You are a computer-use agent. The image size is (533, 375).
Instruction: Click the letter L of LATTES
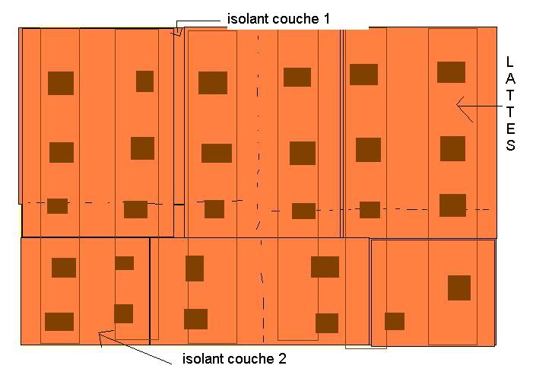[510, 61]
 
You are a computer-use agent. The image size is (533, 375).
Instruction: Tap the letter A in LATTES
[510, 78]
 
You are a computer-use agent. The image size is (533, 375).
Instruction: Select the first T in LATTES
[510, 94]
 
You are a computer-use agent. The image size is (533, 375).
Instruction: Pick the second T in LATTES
[510, 111]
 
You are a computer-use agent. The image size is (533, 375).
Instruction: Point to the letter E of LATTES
[510, 128]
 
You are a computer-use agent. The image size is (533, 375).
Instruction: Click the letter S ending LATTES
[510, 145]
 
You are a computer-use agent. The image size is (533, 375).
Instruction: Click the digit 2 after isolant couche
[281, 358]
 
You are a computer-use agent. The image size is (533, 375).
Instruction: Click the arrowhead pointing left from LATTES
[458, 104]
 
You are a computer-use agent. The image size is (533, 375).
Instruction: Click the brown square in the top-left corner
[61, 83]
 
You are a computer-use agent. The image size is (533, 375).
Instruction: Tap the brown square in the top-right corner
[451, 72]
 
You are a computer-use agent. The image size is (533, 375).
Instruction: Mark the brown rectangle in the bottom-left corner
[59, 322]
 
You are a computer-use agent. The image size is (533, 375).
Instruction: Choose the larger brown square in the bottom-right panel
[459, 288]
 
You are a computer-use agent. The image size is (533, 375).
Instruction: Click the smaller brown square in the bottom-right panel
[395, 321]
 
